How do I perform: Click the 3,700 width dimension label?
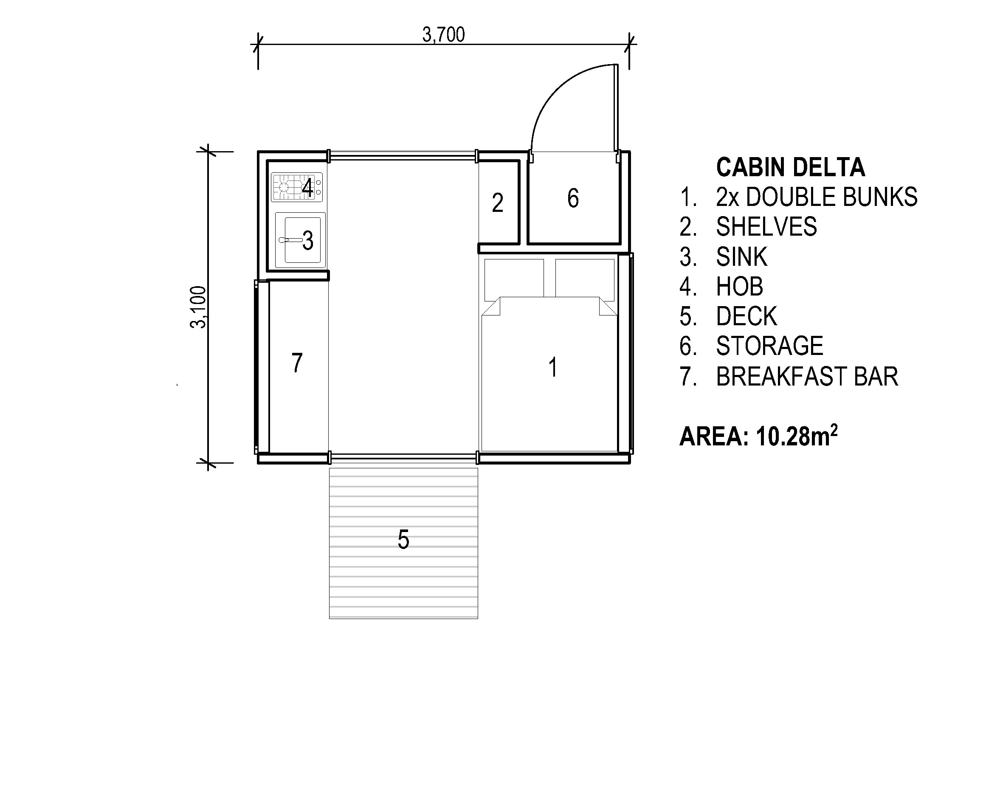[443, 35]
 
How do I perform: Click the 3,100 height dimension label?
[198, 307]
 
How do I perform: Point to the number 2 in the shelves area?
[497, 203]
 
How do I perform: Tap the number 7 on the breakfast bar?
[297, 363]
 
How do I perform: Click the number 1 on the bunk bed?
[552, 368]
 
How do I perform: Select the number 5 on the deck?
[403, 540]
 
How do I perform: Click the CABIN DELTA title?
[790, 168]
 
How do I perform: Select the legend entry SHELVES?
[766, 227]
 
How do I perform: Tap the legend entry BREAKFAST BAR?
[806, 377]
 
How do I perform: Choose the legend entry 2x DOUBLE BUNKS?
[816, 197]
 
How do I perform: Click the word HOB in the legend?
[739, 287]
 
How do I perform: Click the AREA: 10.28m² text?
[758, 436]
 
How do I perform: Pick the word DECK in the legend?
[746, 316]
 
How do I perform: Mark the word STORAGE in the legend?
[769, 346]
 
